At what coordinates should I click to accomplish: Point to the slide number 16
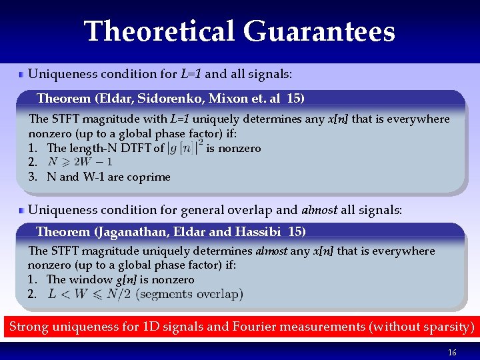452,353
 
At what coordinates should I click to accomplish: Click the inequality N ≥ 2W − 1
81,162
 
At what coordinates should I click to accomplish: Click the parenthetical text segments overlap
189,294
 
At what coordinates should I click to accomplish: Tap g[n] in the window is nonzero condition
123,279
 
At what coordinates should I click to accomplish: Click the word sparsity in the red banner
447,327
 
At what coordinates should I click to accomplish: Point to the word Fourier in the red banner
255,327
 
